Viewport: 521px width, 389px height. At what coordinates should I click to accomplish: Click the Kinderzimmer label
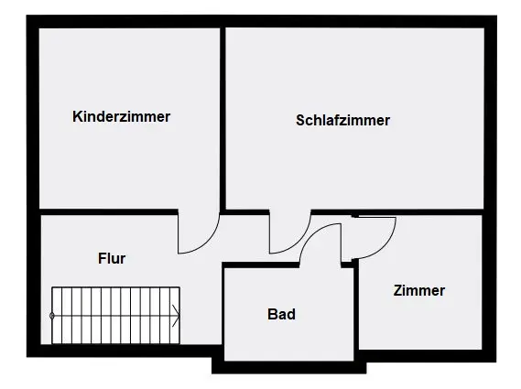[x=121, y=116]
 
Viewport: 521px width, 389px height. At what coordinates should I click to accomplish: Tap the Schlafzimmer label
[x=342, y=120]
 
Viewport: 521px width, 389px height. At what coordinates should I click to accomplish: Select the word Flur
[x=112, y=258]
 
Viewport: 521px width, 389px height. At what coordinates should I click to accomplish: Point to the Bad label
[x=281, y=314]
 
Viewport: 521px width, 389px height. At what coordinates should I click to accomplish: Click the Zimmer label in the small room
[x=419, y=291]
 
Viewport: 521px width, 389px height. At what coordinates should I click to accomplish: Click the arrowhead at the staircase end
[x=176, y=316]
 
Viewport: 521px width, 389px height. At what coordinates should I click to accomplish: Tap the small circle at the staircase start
[x=52, y=316]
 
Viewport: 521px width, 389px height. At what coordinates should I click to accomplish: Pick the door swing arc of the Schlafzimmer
[x=298, y=241]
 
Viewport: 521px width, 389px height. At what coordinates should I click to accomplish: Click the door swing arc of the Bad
[x=311, y=232]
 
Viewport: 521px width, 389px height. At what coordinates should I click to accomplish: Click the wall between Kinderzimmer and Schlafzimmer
[x=223, y=119]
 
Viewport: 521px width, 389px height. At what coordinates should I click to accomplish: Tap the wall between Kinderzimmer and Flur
[x=108, y=212]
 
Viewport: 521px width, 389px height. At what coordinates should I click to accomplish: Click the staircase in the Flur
[x=115, y=316]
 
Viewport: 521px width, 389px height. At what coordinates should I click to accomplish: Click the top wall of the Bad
[x=261, y=265]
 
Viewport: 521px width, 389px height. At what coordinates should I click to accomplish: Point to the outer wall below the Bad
[x=289, y=367]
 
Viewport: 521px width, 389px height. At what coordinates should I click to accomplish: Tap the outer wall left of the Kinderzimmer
[x=33, y=119]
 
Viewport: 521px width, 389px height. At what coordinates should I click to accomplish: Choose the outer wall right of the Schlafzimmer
[x=490, y=119]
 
